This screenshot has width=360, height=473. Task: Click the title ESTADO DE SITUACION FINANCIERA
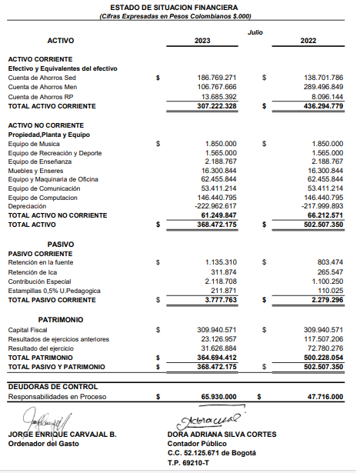click(x=179, y=6)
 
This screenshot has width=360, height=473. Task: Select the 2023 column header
click(x=202, y=40)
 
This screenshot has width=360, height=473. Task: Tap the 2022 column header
click(x=308, y=40)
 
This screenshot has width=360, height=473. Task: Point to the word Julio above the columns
click(x=255, y=32)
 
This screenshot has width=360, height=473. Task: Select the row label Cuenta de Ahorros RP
click(x=41, y=97)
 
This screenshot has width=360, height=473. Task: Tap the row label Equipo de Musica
click(x=34, y=143)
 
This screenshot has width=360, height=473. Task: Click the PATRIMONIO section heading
click(x=60, y=318)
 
